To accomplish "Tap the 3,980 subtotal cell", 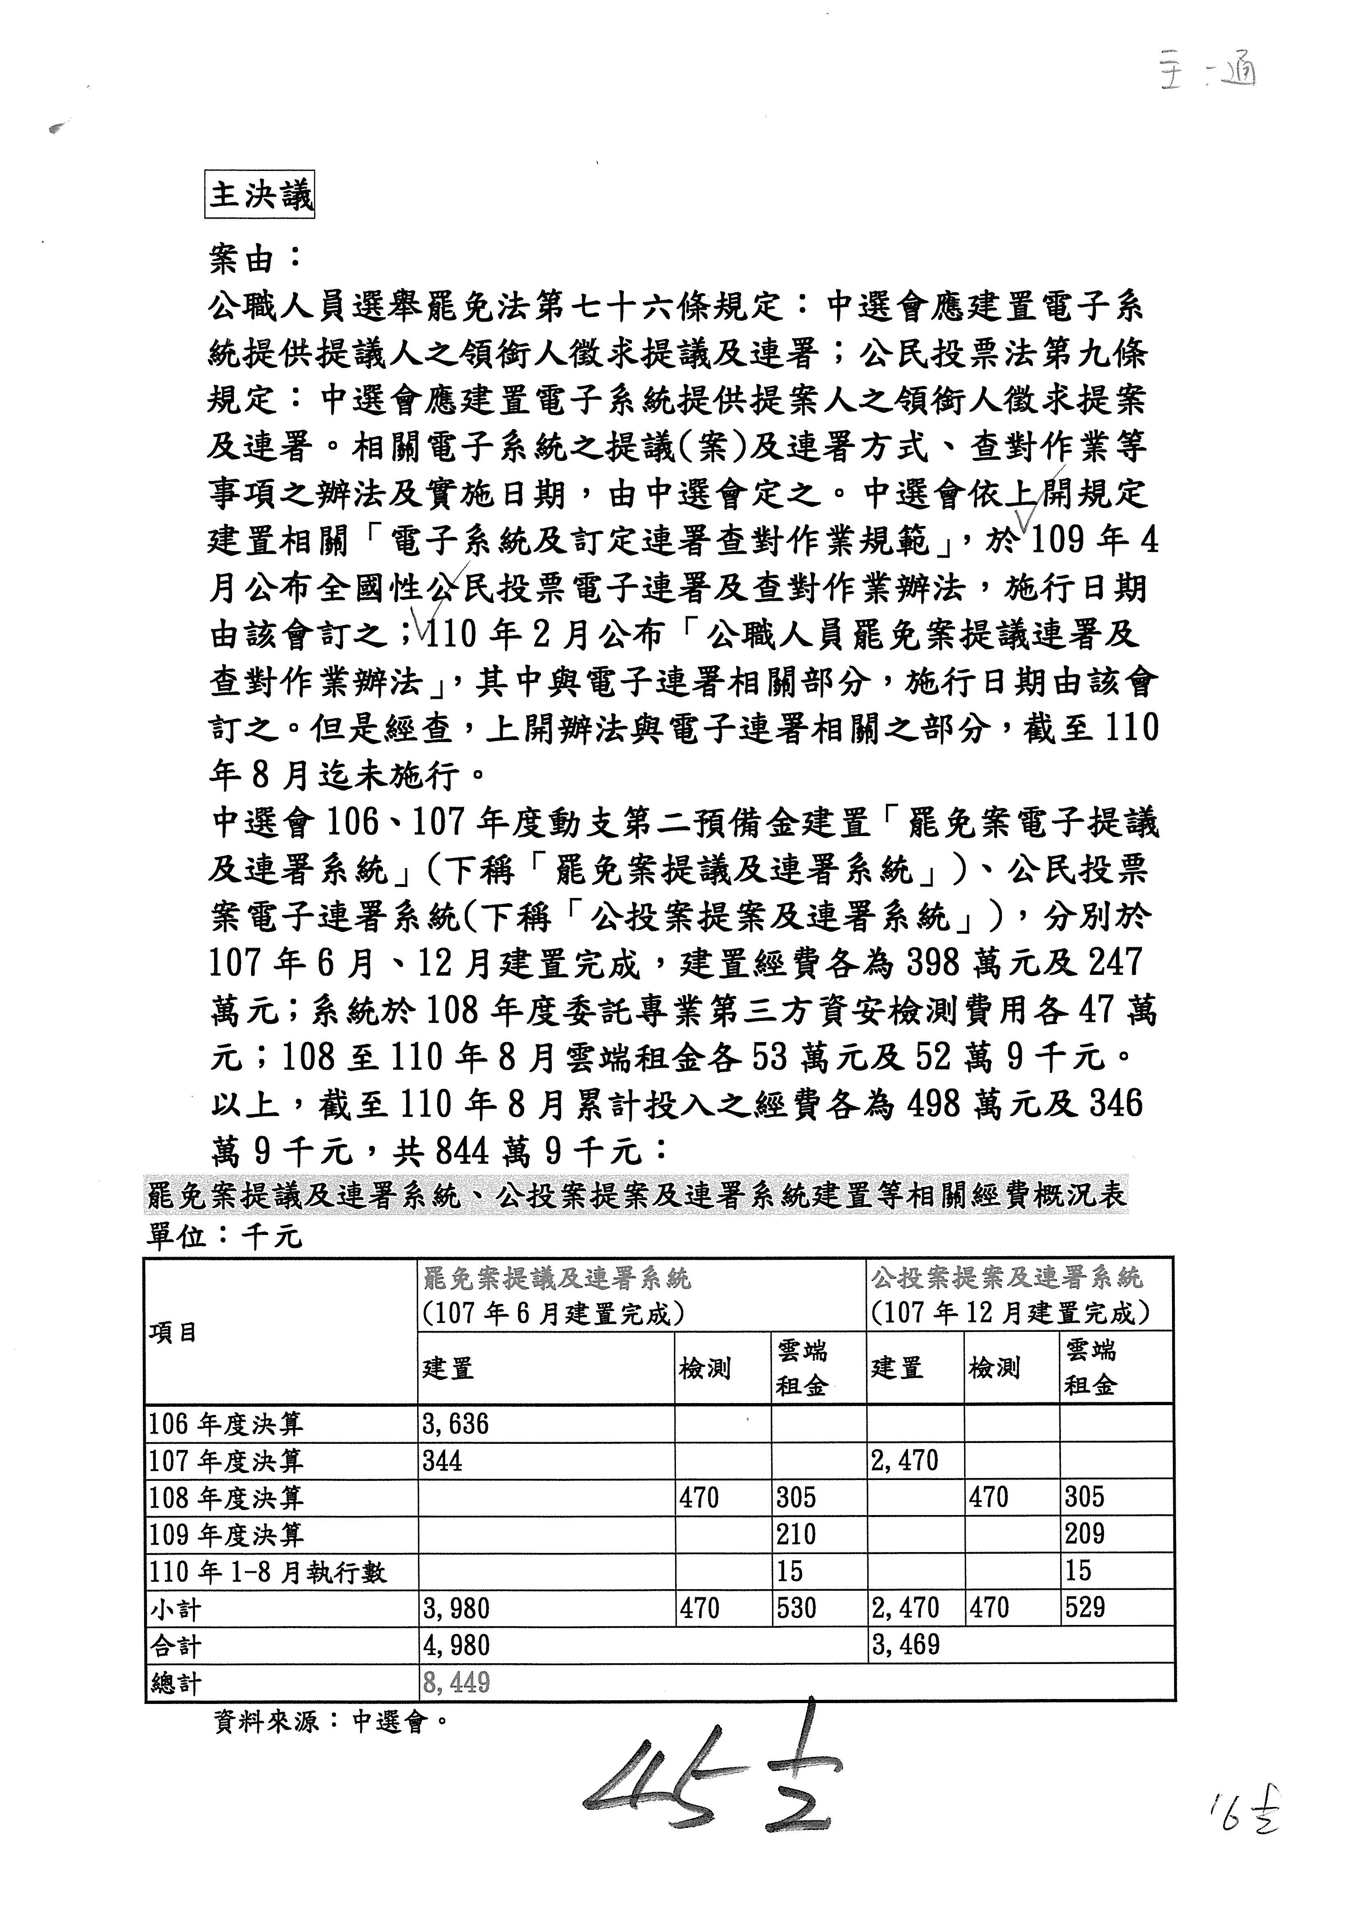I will [456, 1609].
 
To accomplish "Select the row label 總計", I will [176, 1684].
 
